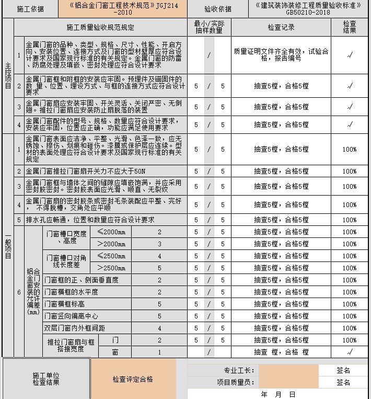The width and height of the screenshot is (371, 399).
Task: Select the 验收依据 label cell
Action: [x=218, y=9]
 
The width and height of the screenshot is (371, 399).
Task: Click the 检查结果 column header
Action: [x=350, y=27]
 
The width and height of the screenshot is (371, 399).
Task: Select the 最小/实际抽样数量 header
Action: [x=208, y=27]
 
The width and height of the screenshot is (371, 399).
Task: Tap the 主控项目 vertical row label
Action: [x=7, y=76]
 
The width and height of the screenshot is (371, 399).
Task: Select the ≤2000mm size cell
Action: [x=111, y=232]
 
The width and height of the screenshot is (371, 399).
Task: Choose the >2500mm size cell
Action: [x=111, y=268]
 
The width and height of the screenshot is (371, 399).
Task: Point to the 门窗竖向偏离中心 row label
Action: [x=71, y=316]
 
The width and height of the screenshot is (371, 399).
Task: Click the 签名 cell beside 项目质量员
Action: [x=343, y=383]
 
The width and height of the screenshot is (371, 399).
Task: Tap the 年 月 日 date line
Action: [x=278, y=394]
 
